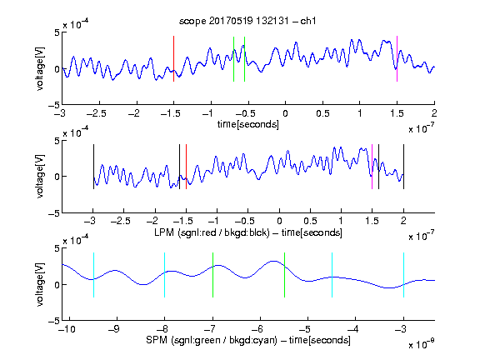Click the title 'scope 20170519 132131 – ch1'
(x=247, y=21)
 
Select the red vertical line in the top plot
(x=174, y=59)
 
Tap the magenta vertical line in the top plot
(x=397, y=59)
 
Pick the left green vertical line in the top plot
(x=233, y=59)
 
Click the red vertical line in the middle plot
(x=186, y=167)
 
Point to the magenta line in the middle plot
(x=372, y=167)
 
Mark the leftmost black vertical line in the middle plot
(x=93, y=167)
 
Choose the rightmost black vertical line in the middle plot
(x=403, y=167)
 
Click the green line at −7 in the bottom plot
(x=212, y=275)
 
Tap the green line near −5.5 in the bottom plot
(x=284, y=275)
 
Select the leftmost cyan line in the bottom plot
(x=93, y=275)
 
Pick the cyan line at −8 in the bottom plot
(x=165, y=275)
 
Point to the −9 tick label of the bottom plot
(x=114, y=329)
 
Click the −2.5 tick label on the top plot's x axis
(x=96, y=113)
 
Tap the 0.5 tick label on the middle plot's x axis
(x=310, y=221)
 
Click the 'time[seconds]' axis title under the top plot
(x=248, y=124)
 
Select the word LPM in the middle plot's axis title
(x=164, y=232)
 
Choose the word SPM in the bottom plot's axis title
(x=157, y=340)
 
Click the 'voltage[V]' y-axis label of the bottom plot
(x=40, y=284)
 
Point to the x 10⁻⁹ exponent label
(x=421, y=344)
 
